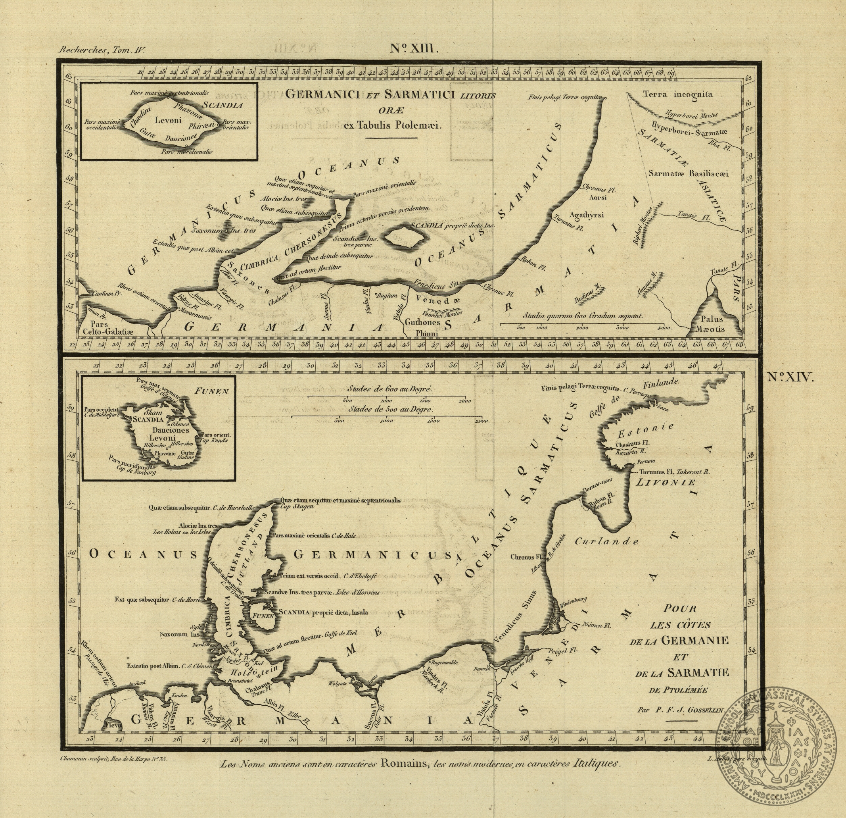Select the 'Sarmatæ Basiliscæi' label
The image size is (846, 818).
(688, 173)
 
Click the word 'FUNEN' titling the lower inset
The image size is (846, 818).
(211, 392)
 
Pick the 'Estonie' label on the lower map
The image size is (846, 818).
(645, 430)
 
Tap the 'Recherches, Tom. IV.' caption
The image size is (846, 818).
(103, 50)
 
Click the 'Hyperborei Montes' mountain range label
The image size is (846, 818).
(691, 114)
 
